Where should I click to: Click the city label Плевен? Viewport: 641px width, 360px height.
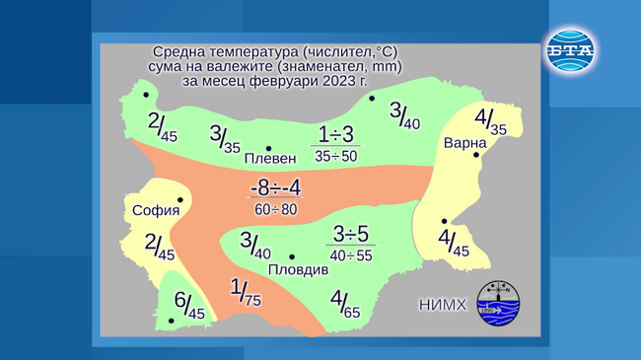click(x=269, y=159)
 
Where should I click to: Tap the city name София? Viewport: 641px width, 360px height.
click(x=156, y=210)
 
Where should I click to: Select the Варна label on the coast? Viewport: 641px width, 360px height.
click(x=464, y=142)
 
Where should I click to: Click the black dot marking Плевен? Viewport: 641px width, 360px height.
click(x=268, y=148)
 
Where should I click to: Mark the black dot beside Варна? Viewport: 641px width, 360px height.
click(x=477, y=154)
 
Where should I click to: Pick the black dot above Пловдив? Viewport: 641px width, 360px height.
click(x=292, y=257)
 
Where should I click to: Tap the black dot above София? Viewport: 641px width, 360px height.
click(x=179, y=199)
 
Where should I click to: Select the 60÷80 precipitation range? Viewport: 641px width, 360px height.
click(x=275, y=210)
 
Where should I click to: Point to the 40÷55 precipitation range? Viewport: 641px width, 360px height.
click(x=351, y=255)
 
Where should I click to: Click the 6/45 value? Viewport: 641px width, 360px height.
click(x=188, y=305)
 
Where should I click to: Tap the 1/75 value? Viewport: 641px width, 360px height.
click(x=245, y=293)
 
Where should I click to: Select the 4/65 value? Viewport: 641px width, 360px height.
click(x=345, y=304)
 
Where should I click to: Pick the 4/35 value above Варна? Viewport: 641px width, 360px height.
click(x=490, y=122)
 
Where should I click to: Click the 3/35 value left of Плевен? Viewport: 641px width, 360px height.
click(x=225, y=139)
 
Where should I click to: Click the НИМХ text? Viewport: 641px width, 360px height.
click(x=444, y=305)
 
